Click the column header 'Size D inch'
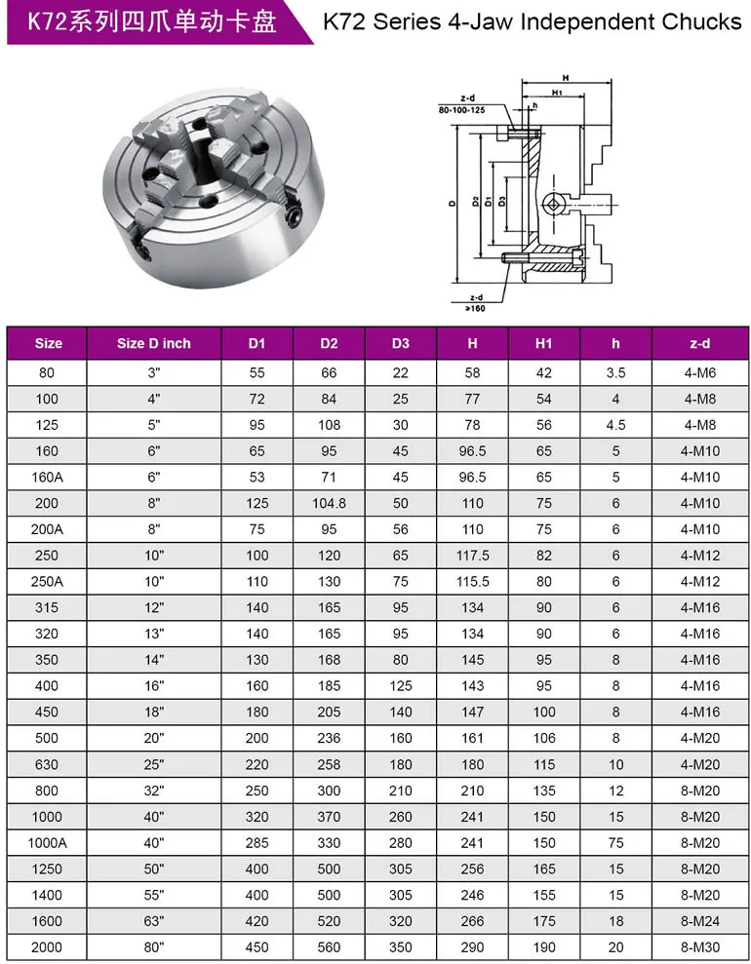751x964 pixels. (153, 343)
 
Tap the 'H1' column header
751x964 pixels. (544, 343)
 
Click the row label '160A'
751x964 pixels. (47, 477)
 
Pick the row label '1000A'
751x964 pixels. (47, 842)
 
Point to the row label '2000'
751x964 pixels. (47, 946)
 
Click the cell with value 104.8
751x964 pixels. (329, 503)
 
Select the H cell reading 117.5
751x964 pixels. (472, 556)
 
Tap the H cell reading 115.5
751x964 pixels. (472, 581)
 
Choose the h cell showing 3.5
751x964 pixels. (615, 372)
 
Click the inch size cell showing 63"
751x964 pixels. (153, 921)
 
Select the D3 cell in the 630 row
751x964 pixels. (401, 764)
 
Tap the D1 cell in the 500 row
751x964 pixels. (257, 738)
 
